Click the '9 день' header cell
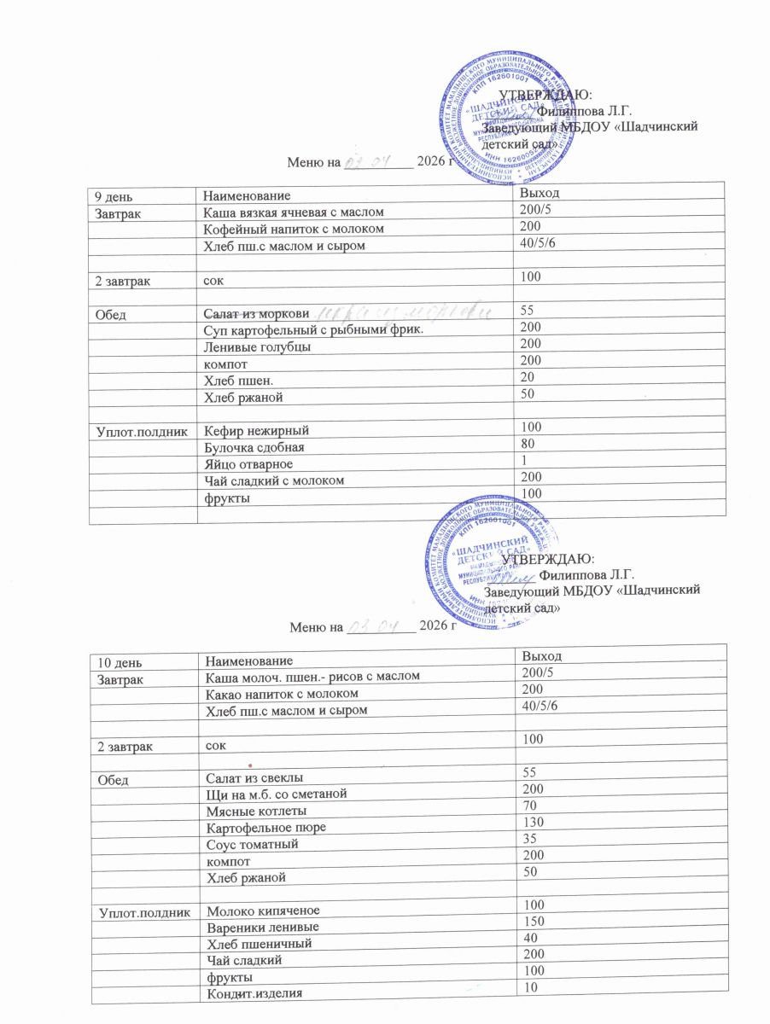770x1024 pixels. (x=113, y=196)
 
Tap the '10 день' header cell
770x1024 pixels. (x=116, y=660)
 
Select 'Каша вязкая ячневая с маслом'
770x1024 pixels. (x=292, y=212)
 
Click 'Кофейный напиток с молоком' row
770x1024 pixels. (x=289, y=229)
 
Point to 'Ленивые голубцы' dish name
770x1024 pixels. (x=254, y=347)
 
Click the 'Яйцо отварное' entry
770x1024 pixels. (x=248, y=464)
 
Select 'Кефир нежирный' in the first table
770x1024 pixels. (x=254, y=431)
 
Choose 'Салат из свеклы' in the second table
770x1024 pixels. (x=254, y=777)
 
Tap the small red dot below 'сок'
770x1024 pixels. (x=251, y=763)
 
